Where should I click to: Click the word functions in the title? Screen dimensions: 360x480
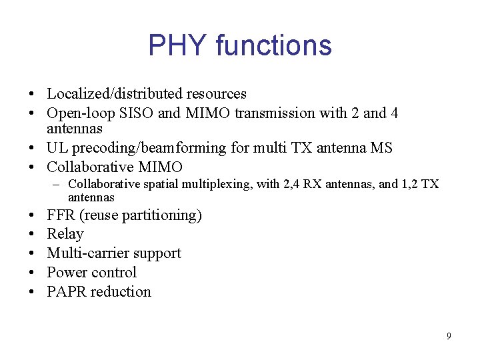pyautogui.click(x=273, y=45)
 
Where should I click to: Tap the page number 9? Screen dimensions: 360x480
pyautogui.click(x=449, y=336)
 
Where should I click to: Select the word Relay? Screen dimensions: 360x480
pyautogui.click(x=65, y=234)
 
